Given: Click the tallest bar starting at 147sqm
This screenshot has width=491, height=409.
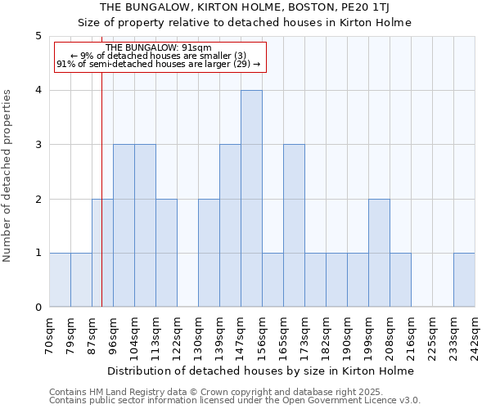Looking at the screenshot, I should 251,199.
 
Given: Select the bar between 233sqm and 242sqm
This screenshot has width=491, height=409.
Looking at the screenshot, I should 464,281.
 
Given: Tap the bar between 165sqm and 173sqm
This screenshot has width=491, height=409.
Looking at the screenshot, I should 294,226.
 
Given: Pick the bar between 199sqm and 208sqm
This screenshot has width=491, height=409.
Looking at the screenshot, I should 379,253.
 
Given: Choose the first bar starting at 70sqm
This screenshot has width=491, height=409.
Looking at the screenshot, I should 60,281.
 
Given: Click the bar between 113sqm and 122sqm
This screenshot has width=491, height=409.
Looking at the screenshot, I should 166,253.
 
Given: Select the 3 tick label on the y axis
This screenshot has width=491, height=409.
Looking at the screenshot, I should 38,145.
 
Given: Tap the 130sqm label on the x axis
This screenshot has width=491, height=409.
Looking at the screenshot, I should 199,334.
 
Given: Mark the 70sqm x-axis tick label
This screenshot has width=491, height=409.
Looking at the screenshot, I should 50,334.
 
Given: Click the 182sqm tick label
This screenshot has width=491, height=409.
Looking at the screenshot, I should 327,334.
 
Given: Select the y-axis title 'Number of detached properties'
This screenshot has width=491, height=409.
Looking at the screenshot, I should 8,176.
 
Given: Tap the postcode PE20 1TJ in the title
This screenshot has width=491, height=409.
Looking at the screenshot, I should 367,7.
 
